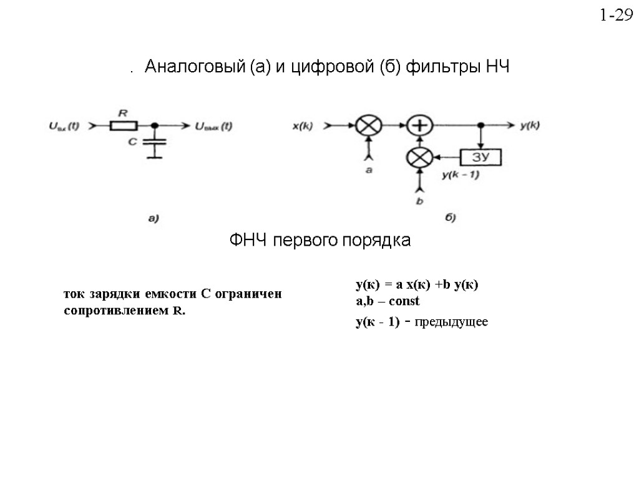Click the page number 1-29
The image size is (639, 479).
617,16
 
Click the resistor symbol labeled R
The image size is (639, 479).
123,126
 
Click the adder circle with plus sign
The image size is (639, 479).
419,126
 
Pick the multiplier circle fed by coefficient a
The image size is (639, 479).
369,126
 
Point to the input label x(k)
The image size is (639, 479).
303,126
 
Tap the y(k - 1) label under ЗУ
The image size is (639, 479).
461,175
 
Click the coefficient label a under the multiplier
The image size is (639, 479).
369,170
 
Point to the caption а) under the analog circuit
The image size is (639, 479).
154,218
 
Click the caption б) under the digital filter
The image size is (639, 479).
450,218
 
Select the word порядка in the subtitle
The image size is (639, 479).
381,241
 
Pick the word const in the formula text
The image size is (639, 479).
404,301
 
